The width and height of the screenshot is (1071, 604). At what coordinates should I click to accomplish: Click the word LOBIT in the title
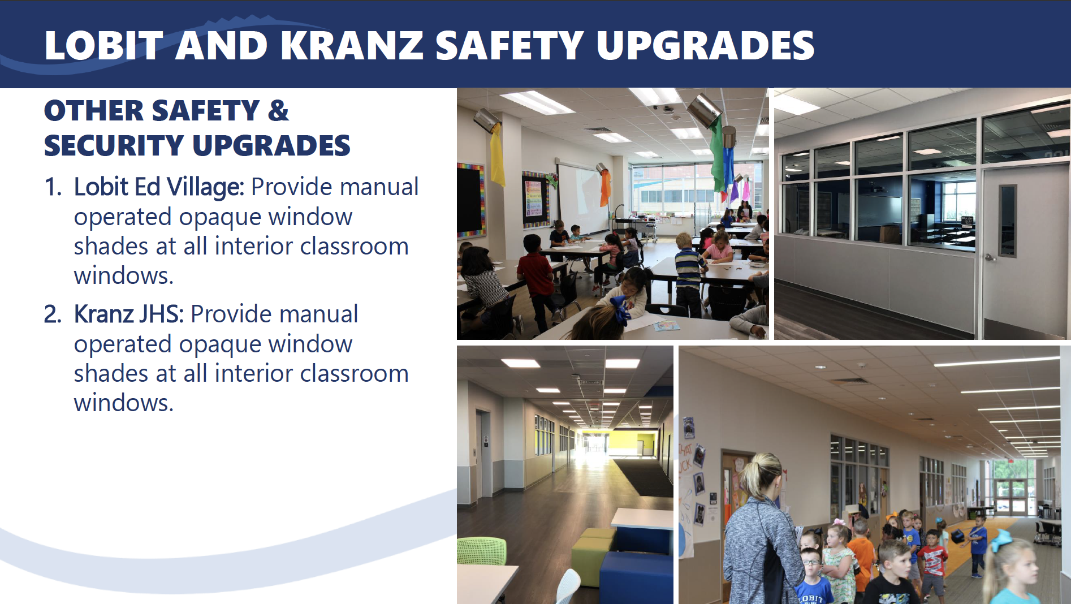point(103,45)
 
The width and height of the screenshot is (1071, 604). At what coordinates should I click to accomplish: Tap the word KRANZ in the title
point(352,45)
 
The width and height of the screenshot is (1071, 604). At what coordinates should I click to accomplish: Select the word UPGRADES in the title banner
point(705,45)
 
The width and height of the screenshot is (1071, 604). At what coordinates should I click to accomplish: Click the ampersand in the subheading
point(278,110)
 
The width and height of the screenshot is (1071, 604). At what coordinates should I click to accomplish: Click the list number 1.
point(53,187)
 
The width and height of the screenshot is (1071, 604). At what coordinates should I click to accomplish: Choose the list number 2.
point(53,314)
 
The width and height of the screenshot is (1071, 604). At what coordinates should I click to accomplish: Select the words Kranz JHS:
point(129,314)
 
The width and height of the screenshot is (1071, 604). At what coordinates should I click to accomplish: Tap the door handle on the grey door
point(990,257)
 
